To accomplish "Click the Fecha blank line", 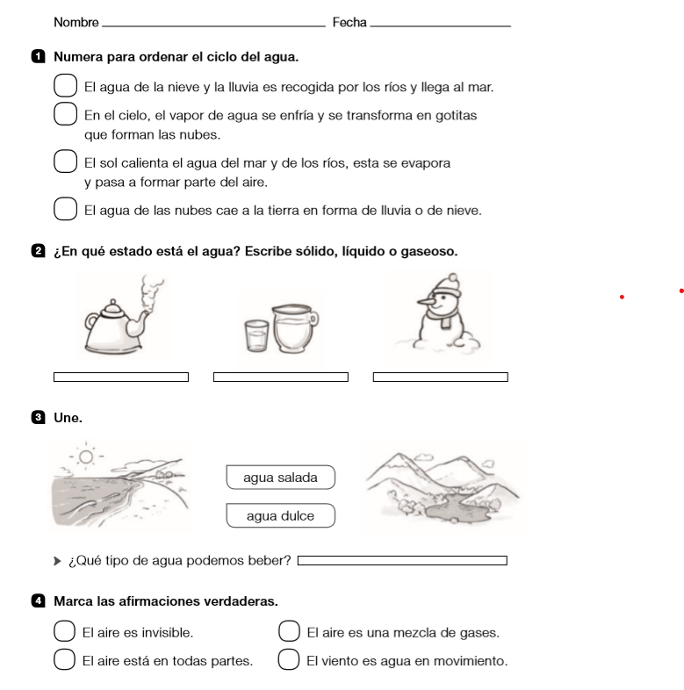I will (x=440, y=25).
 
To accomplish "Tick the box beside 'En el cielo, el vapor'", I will (x=66, y=115).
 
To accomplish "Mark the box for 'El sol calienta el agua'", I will (x=66, y=162).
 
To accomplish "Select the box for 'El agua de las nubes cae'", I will (x=66, y=210).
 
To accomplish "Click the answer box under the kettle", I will (x=121, y=377).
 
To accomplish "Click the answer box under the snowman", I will (x=441, y=377).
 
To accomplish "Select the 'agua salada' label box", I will (x=280, y=478).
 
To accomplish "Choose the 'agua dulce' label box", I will (x=280, y=515).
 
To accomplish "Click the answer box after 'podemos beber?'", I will (x=403, y=560).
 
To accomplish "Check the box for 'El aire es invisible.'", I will (x=64, y=631).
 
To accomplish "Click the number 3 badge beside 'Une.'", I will (x=36, y=418).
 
